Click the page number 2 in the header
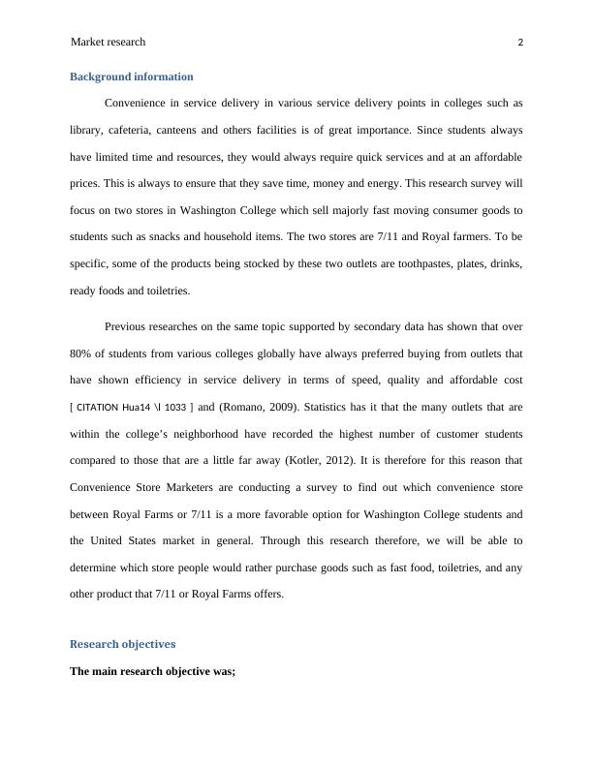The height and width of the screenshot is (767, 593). [520, 43]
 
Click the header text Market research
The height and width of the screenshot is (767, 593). [109, 42]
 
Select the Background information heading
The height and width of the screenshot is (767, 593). [132, 77]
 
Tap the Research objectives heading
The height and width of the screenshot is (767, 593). [123, 644]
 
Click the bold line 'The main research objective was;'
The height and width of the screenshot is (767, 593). [153, 670]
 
